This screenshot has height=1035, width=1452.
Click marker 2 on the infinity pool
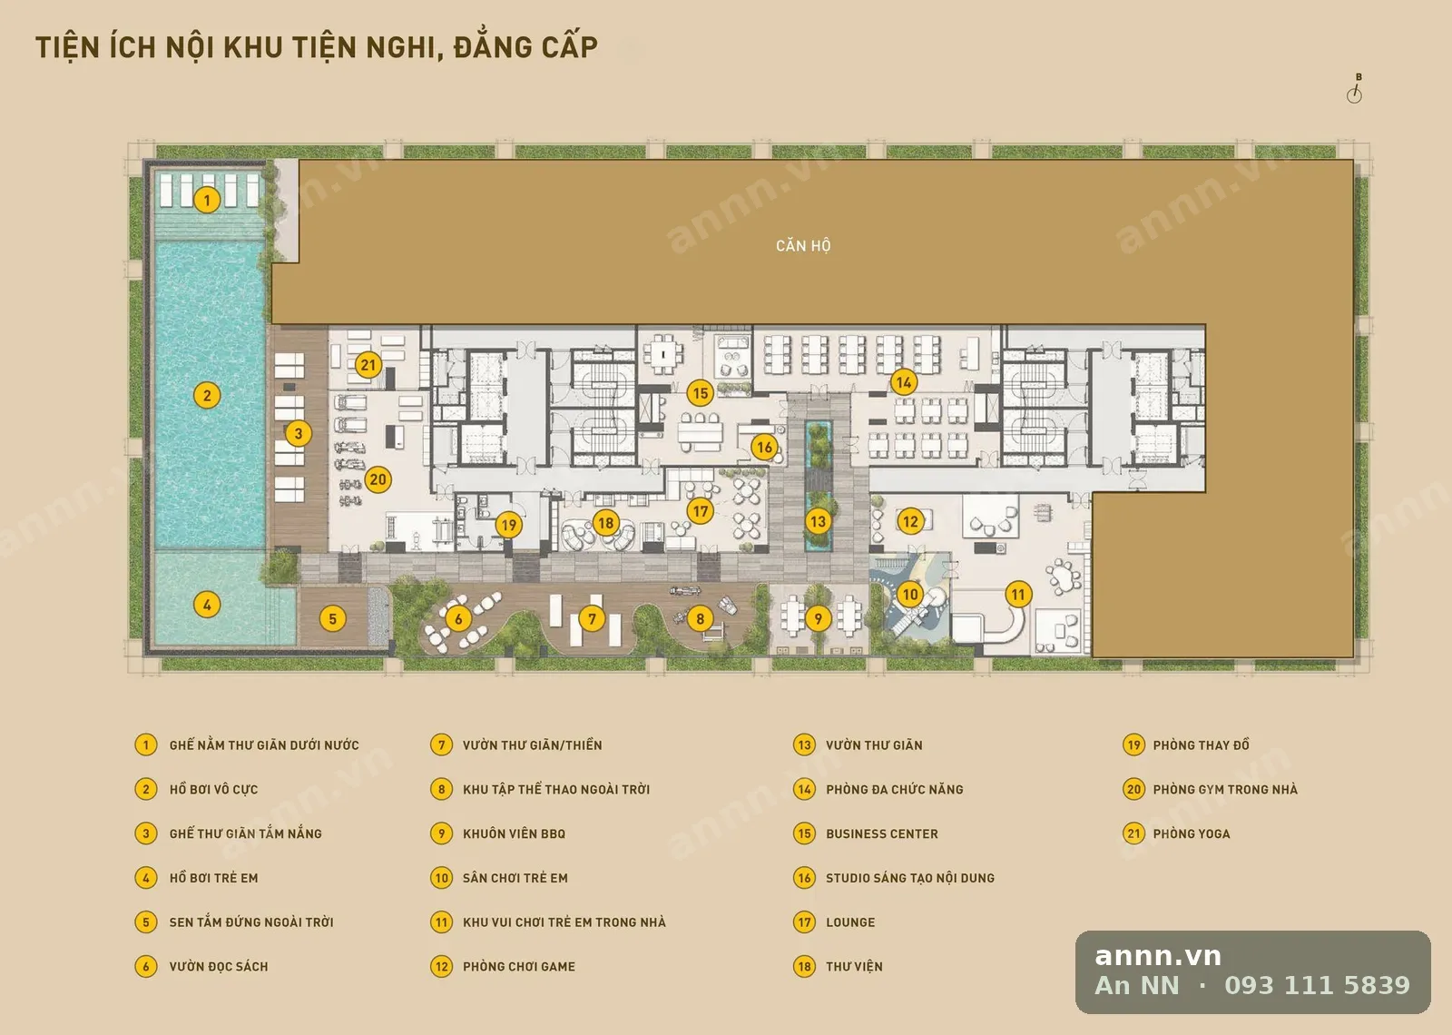coord(207,395)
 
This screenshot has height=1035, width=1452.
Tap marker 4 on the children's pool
coord(207,605)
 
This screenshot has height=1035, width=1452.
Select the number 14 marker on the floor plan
coord(904,382)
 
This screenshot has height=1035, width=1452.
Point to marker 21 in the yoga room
coord(368,364)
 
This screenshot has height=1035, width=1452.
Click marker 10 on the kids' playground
coord(910,594)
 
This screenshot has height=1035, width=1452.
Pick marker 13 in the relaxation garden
coord(818,521)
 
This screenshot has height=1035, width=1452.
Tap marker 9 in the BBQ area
coord(818,618)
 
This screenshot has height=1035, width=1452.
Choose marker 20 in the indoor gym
coord(378,479)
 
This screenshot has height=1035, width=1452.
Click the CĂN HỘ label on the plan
coord(803,246)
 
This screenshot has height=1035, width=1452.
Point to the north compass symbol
coord(1355,90)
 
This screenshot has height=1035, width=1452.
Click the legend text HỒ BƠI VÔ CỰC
coord(213,789)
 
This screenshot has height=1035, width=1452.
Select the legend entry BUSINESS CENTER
coord(881,833)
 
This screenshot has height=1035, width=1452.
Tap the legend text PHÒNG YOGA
coord(1192,833)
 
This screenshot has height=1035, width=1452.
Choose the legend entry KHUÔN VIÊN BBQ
coord(514,833)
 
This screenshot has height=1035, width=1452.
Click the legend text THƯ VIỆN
coord(854,966)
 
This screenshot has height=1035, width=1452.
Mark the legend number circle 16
coord(804,878)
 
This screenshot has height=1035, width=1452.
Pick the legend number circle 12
coord(441,966)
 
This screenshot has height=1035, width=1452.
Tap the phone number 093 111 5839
coord(1317,985)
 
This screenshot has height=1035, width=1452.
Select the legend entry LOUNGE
coord(850,922)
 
